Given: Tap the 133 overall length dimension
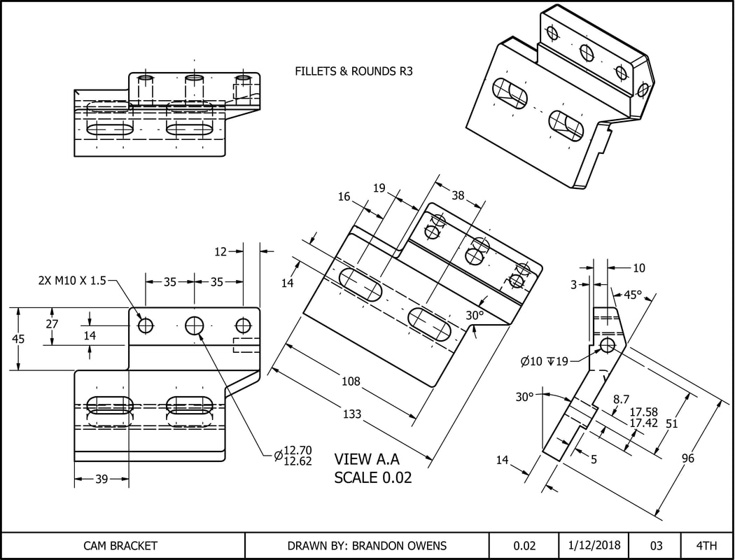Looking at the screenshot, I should [352, 414].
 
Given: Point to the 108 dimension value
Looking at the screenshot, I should [351, 381].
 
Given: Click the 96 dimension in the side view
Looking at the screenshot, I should [688, 458].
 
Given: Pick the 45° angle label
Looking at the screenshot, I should [632, 295].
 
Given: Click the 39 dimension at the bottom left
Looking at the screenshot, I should [101, 479].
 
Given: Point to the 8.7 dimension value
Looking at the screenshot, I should [622, 399].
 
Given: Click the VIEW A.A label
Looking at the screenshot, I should [366, 460].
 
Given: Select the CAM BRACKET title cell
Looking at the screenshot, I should [120, 546].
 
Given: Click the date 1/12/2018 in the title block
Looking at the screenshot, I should [593, 546].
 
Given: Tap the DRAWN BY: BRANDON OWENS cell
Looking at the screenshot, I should [366, 546].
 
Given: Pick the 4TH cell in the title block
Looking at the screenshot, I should [707, 546].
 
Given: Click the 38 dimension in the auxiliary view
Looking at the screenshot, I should [458, 196].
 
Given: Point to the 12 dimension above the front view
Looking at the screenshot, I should [221, 251].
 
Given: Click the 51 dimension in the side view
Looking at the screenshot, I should [671, 423].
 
